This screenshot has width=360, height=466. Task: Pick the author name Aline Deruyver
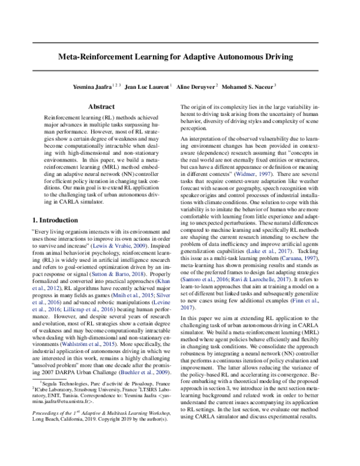[194, 86]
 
